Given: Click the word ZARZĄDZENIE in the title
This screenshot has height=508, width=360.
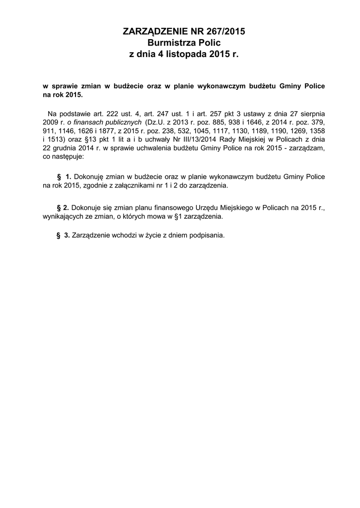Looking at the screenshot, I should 151,32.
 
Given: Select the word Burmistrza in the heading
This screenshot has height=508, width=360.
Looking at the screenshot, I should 168,43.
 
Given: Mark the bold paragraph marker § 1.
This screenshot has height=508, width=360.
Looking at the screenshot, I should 65,177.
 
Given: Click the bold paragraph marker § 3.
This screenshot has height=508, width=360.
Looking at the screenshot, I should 63,235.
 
